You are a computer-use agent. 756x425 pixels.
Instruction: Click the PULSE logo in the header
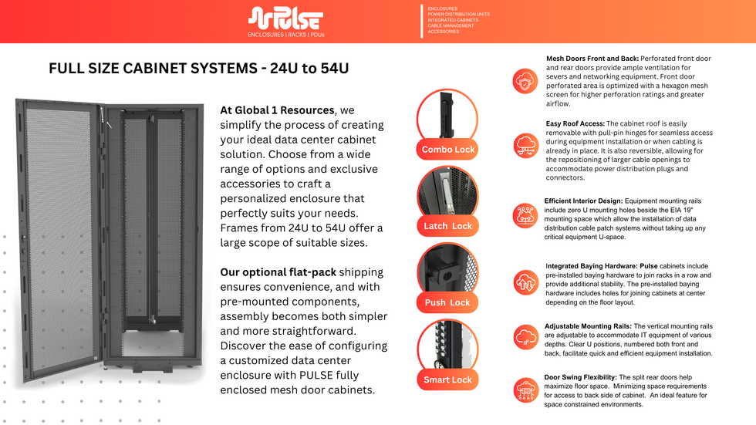pos(285,19)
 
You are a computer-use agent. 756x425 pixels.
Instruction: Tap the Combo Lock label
pos(447,149)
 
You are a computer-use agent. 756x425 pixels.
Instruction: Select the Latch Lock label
pos(447,226)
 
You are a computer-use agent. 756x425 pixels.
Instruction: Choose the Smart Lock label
pos(447,379)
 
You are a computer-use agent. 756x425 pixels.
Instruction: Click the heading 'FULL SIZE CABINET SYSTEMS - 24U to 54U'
pos(199,69)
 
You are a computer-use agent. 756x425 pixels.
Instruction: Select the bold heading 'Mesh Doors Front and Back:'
pos(592,59)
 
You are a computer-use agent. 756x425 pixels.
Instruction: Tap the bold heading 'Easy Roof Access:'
pos(575,123)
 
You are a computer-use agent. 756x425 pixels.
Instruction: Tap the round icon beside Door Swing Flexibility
pos(528,390)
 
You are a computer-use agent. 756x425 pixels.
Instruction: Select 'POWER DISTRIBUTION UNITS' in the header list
pos(458,14)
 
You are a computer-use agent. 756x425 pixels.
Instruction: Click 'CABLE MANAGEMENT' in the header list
pos(451,25)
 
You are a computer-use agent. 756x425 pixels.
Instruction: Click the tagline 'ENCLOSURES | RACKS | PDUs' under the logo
pos(285,35)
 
